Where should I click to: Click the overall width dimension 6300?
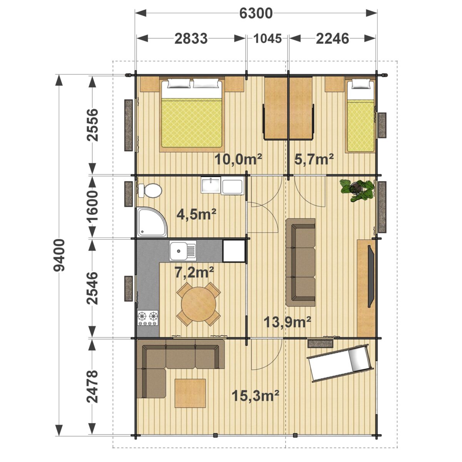pyautogui.click(x=256, y=13)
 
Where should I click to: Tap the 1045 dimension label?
pyautogui.click(x=268, y=38)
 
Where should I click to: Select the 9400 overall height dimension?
pyautogui.click(x=59, y=255)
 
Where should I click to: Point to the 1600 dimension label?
pyautogui.click(x=92, y=207)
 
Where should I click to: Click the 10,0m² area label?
pyautogui.click(x=238, y=159)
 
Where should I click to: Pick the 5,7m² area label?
pyautogui.click(x=314, y=159)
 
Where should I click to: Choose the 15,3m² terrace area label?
pyautogui.click(x=255, y=395)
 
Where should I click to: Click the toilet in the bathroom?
pyautogui.click(x=151, y=190)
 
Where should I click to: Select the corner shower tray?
pyautogui.click(x=151, y=222)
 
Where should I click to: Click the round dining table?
pyautogui.click(x=199, y=304)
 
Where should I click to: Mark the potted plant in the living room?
pyautogui.click(x=357, y=189)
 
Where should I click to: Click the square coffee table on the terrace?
pyautogui.click(x=190, y=393)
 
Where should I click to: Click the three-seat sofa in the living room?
pyautogui.click(x=301, y=262)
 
